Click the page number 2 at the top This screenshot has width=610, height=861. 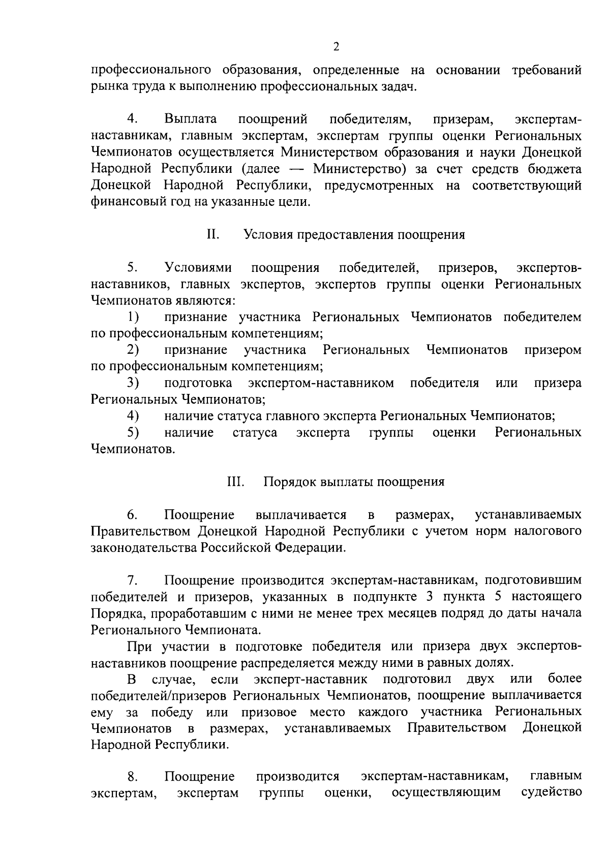click(x=335, y=47)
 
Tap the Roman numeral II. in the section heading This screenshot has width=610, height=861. click(x=213, y=234)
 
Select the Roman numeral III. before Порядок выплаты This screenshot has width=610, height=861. click(x=235, y=481)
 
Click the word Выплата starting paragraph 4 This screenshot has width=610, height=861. click(x=191, y=119)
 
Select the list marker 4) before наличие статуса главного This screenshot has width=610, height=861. click(x=133, y=416)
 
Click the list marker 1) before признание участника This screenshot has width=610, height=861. click(x=133, y=317)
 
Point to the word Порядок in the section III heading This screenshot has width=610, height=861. click(x=288, y=481)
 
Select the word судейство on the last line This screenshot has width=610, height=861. click(x=552, y=791)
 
